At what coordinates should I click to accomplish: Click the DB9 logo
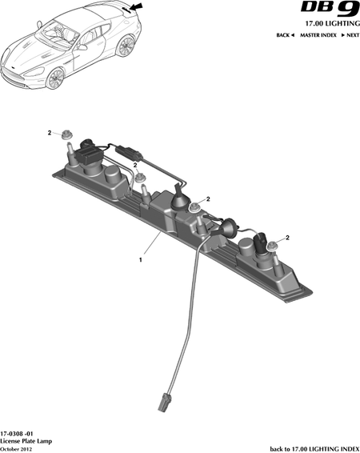[x=330, y=9]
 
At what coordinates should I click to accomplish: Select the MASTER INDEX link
[x=318, y=35]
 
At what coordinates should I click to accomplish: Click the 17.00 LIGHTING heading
[x=333, y=23]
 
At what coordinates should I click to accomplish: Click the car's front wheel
[x=55, y=78]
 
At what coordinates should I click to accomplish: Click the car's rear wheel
[x=126, y=46]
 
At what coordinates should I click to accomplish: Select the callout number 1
[x=141, y=260]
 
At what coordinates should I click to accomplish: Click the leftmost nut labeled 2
[x=66, y=135]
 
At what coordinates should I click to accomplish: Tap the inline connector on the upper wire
[x=129, y=153]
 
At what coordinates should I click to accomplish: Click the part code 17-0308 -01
[x=17, y=435]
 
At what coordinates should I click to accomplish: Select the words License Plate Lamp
[x=26, y=441]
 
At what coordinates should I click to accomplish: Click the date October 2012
[x=16, y=449]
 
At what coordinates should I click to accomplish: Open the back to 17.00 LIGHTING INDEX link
[x=315, y=449]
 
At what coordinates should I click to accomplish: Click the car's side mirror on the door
[x=82, y=47]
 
